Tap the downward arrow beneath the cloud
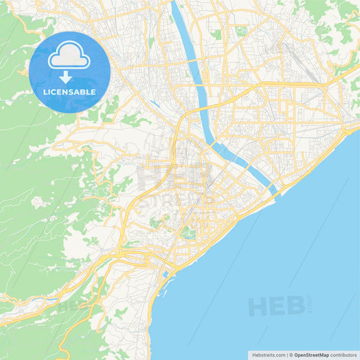coord(66,77)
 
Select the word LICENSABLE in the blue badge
coord(70,92)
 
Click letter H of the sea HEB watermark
coord(259,307)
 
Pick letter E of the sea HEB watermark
coord(278,307)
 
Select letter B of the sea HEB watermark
coord(296,307)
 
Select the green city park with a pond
coord(188,234)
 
